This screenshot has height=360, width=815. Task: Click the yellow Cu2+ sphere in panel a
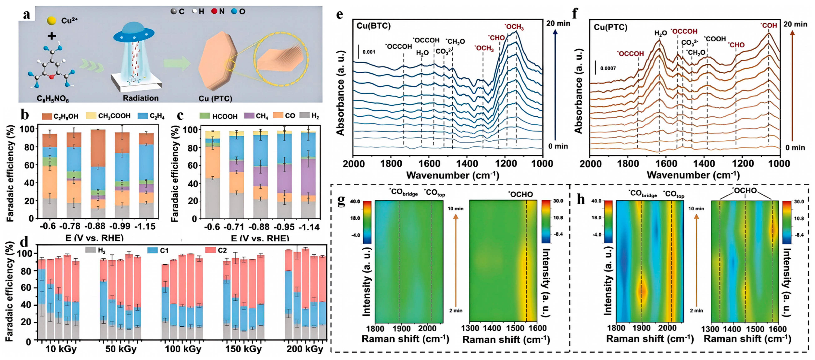(51, 21)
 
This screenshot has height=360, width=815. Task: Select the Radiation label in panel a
(140, 98)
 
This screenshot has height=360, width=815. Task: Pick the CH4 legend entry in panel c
(249, 116)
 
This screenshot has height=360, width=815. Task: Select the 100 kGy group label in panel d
(183, 349)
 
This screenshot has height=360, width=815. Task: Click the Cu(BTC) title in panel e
(373, 26)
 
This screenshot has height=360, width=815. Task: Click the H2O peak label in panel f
(661, 33)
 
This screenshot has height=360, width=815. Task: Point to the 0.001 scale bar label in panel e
(369, 52)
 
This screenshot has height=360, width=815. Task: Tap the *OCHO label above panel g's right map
(521, 194)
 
